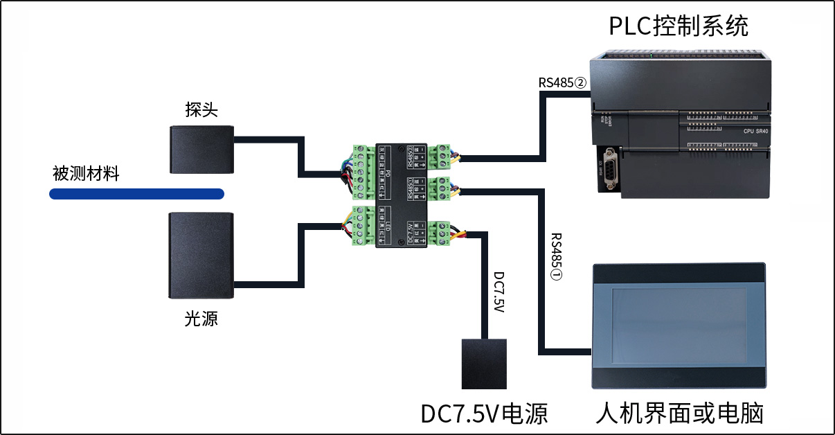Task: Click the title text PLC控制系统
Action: click(x=678, y=26)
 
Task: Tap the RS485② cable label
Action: click(x=562, y=82)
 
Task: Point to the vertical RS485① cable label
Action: click(x=556, y=256)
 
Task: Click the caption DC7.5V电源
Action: click(x=484, y=414)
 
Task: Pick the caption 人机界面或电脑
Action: click(x=679, y=414)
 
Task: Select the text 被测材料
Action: click(x=86, y=173)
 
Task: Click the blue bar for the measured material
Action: click(x=136, y=194)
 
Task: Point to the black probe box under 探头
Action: click(x=202, y=149)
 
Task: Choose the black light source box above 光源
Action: click(x=201, y=255)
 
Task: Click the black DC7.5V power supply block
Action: click(x=484, y=364)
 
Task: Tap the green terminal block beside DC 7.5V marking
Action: click(x=439, y=233)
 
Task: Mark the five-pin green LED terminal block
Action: click(x=361, y=226)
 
